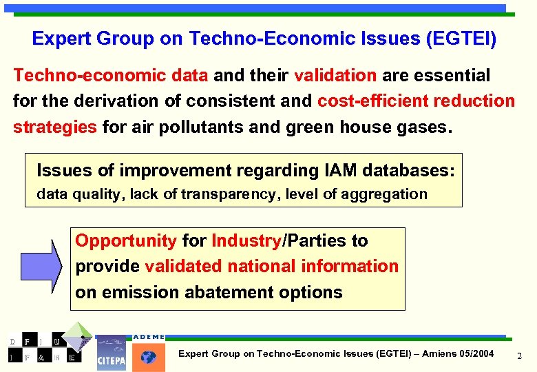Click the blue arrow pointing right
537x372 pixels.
tap(41, 265)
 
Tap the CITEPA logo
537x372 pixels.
tap(111, 352)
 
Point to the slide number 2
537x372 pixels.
tap(519, 355)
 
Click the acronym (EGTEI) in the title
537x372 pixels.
tap(461, 39)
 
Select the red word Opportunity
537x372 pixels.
tap(126, 241)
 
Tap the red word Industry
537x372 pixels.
tap(246, 241)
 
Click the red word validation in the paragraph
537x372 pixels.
tap(335, 75)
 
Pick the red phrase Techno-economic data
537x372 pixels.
tap(112, 75)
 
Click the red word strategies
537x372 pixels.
tap(55, 127)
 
